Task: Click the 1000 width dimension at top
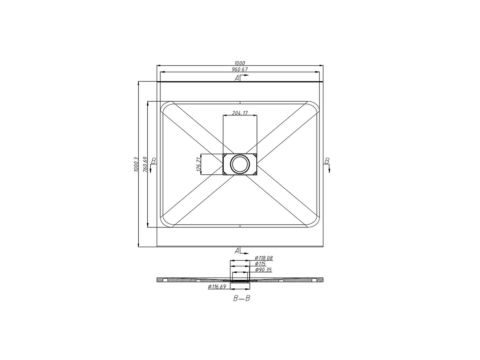tap(240, 63)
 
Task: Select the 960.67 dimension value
tap(240, 69)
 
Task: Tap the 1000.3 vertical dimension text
tap(136, 164)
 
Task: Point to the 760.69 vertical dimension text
tap(145, 164)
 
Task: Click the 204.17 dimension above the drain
tap(240, 113)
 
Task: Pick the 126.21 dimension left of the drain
tap(199, 164)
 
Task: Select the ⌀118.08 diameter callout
tap(264, 258)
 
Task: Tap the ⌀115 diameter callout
tap(260, 264)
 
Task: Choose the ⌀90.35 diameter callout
tap(263, 269)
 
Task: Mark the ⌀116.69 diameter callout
tap(217, 287)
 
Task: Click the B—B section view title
tap(241, 298)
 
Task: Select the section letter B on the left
tap(153, 161)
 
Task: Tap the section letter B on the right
tap(327, 161)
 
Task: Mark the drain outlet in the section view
tap(240, 281)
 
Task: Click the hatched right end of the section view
tap(318, 280)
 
